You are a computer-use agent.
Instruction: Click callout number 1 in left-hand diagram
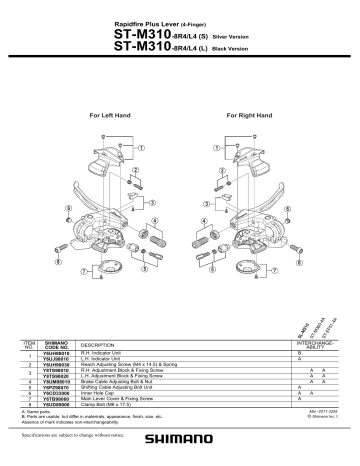[x=142, y=147]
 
